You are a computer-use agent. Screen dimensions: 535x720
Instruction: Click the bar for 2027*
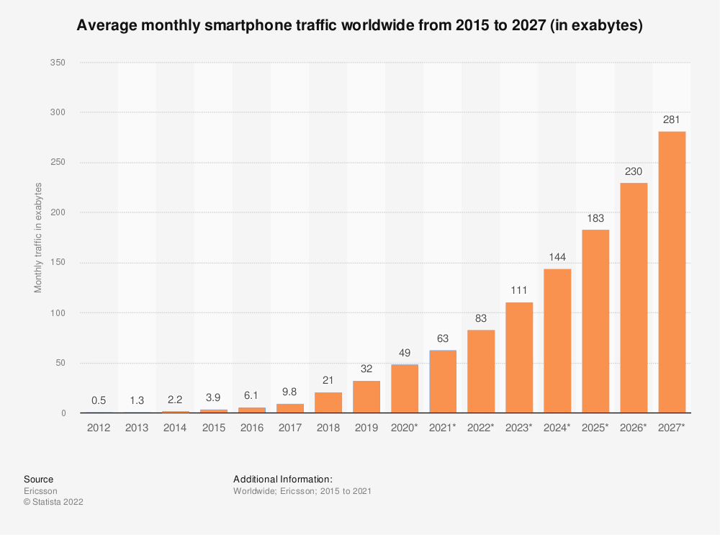[x=671, y=272]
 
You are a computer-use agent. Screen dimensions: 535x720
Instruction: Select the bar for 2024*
[x=557, y=341]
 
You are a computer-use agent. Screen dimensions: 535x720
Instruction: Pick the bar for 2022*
[x=480, y=372]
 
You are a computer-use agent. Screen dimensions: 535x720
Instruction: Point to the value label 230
[x=633, y=171]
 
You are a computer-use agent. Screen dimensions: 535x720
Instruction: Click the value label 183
[x=595, y=218]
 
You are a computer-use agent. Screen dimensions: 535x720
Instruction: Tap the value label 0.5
[x=99, y=401]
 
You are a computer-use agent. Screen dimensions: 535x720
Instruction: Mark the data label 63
[x=442, y=338]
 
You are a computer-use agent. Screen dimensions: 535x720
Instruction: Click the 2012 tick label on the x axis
[x=99, y=428]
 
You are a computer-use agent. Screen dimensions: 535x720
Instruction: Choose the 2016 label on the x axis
[x=251, y=428]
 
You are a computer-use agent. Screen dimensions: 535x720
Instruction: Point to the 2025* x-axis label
[x=595, y=428]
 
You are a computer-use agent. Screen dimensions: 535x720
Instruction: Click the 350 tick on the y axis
[x=58, y=63]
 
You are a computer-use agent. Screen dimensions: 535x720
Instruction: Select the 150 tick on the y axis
[x=58, y=263]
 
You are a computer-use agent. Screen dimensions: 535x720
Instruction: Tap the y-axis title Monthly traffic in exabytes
[x=38, y=238]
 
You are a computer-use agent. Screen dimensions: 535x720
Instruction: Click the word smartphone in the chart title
[x=249, y=26]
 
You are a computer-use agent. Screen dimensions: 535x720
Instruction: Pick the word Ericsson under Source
[x=40, y=491]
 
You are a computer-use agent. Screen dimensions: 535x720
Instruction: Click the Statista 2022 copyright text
[x=53, y=502]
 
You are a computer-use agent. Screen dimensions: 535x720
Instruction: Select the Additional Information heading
[x=282, y=479]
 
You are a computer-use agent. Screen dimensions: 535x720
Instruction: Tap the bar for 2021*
[x=442, y=382]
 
